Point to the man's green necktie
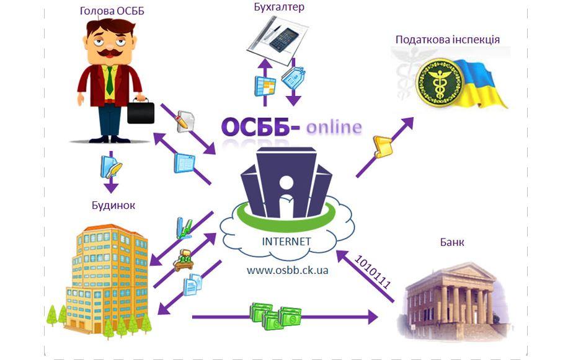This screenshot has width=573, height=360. (109, 80)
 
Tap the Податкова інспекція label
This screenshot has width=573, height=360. (448, 40)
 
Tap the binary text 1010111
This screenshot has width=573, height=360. (372, 271)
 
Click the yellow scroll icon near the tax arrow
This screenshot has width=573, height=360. (379, 146)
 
